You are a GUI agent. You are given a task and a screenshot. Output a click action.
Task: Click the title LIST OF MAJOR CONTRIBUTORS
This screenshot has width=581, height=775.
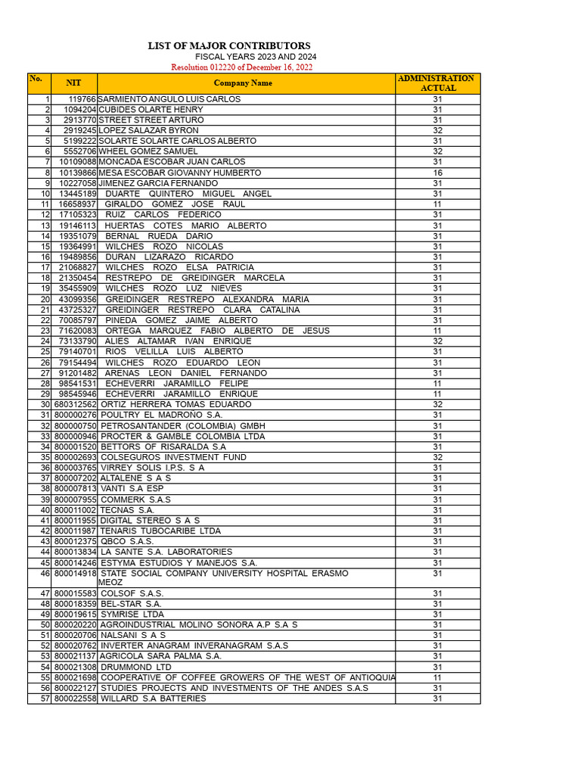(228, 46)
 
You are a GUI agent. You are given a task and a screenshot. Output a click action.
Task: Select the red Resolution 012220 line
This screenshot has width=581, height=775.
(241, 67)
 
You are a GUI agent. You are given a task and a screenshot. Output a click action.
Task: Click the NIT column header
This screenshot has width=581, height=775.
(73, 83)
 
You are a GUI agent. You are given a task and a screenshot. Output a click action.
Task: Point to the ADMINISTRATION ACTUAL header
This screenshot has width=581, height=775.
(437, 83)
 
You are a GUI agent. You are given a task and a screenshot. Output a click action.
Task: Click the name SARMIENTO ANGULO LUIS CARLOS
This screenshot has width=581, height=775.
(169, 99)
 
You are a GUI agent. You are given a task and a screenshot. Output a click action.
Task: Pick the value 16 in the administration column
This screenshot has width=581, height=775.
(437, 173)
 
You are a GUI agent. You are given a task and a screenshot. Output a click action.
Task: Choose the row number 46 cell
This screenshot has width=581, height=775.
(45, 573)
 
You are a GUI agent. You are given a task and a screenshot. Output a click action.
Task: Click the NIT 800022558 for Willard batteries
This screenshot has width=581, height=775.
(75, 699)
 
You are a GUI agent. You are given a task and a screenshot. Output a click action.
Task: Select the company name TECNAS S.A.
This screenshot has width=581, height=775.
(127, 510)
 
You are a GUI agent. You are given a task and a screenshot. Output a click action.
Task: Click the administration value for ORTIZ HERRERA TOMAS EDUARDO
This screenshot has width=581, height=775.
(437, 404)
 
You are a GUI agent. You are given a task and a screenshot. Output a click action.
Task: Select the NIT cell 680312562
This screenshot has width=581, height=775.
(75, 404)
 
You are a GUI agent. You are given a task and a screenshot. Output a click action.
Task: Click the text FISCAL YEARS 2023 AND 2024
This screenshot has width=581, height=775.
(256, 57)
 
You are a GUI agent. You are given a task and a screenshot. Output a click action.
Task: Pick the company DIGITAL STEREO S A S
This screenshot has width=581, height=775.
(150, 521)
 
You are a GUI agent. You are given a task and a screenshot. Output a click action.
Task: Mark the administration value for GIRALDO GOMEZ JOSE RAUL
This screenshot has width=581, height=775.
(437, 204)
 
